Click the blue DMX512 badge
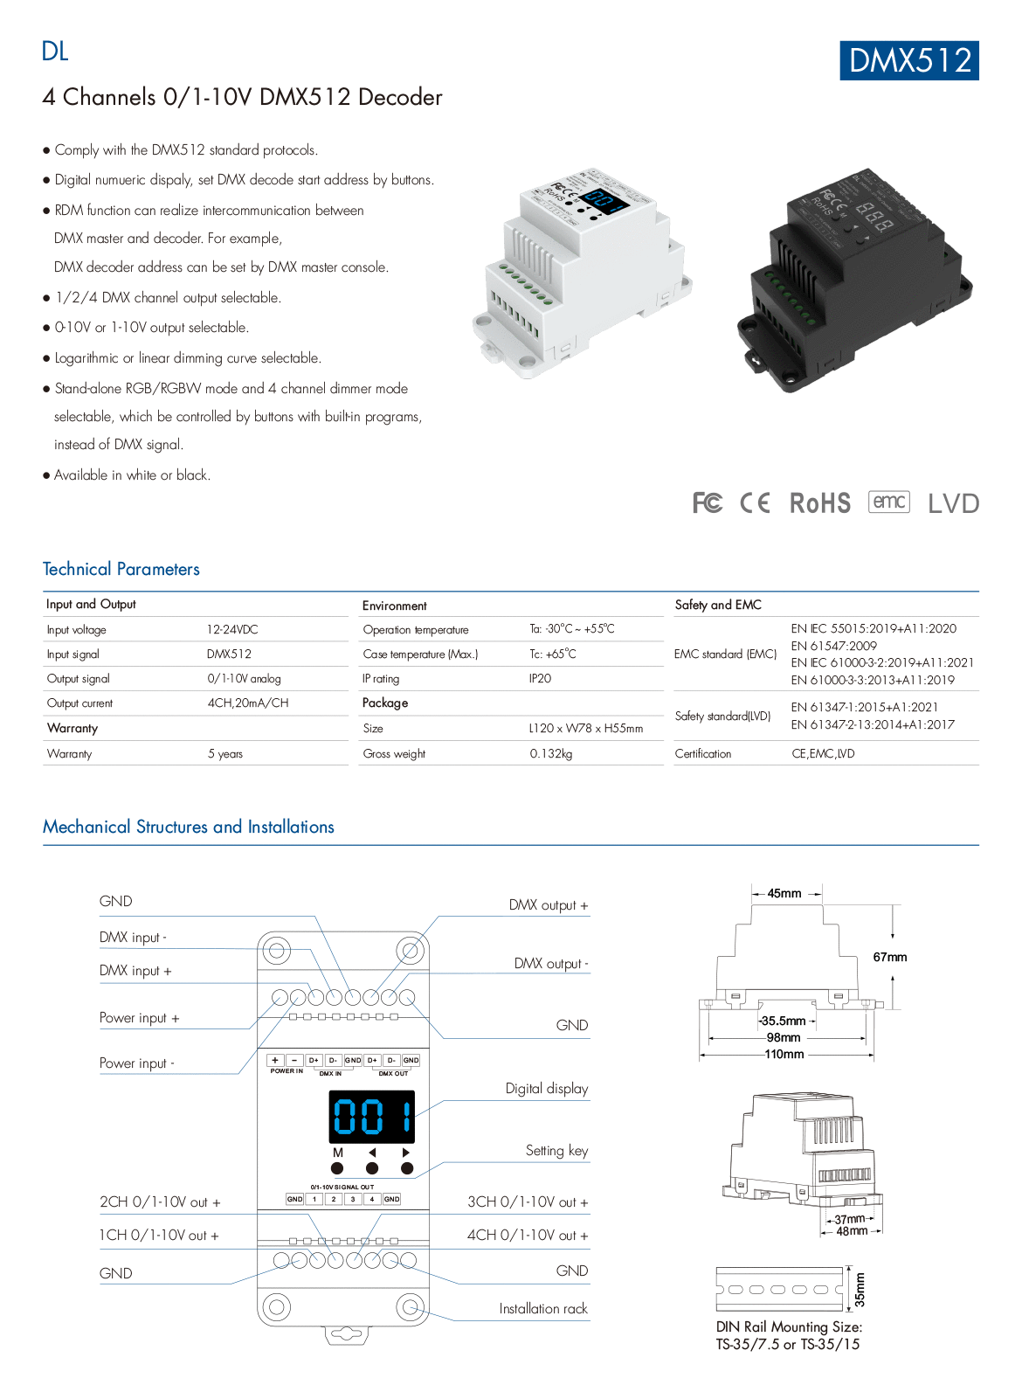click(909, 60)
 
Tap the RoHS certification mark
click(819, 503)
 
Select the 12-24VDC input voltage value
click(232, 629)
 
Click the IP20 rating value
click(540, 678)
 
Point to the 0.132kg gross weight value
click(551, 753)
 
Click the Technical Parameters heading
click(121, 569)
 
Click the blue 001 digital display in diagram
click(371, 1116)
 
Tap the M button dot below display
click(338, 1168)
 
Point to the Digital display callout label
click(547, 1089)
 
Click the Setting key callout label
click(556, 1151)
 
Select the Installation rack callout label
click(543, 1308)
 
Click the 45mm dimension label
click(784, 893)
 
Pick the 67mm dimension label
click(890, 957)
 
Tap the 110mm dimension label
click(784, 1054)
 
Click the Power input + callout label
click(140, 1018)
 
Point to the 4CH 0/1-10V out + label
click(528, 1235)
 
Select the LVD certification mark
click(953, 503)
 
